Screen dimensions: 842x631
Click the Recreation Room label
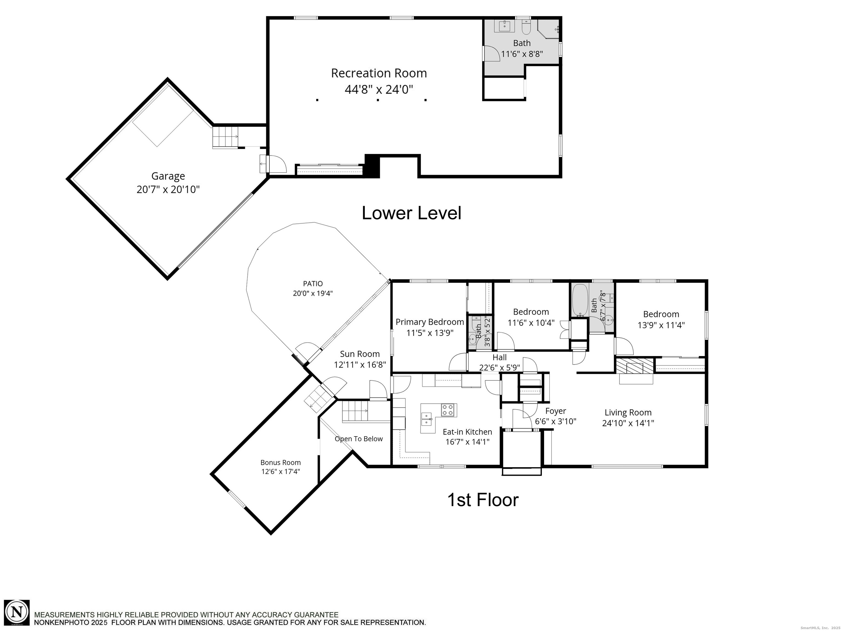[379, 73]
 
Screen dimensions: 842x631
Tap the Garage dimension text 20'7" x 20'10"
[168, 190]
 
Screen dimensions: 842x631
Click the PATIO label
[313, 283]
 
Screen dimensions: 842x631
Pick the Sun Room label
[360, 354]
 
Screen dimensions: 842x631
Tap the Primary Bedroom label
[430, 322]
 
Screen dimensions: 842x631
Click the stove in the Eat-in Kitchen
[449, 410]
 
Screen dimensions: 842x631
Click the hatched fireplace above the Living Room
[635, 366]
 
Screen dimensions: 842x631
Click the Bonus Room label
[281, 463]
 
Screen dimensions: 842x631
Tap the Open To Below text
[359, 439]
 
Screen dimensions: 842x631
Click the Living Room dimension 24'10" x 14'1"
[628, 423]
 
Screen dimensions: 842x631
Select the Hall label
[499, 357]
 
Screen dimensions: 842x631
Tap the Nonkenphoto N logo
[17, 612]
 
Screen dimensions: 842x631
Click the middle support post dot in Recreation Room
[378, 100]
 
